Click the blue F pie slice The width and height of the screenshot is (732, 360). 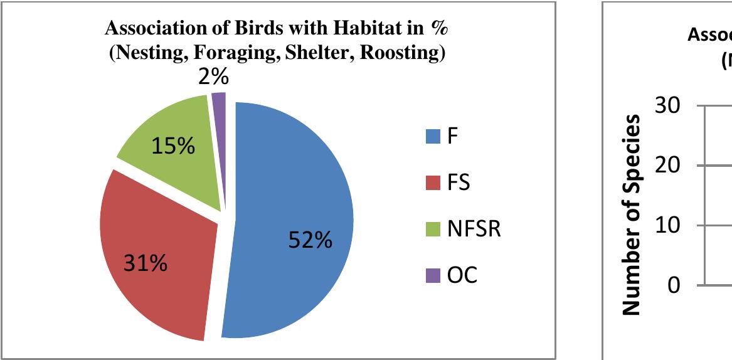295,207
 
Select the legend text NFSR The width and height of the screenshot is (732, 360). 474,230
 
